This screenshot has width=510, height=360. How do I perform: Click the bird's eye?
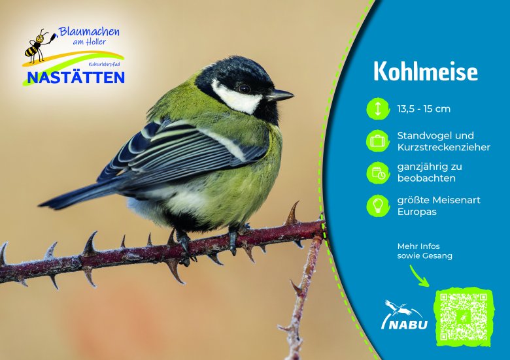click(x=245, y=88)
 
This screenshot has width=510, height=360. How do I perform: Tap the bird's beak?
click(x=280, y=95)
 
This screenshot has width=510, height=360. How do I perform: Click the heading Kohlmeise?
click(x=426, y=71)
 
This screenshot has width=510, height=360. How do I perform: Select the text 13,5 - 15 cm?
click(x=424, y=109)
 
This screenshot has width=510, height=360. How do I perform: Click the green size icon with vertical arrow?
click(x=378, y=109)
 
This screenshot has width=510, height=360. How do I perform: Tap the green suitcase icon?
click(x=378, y=141)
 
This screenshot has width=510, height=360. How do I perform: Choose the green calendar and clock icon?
click(x=378, y=173)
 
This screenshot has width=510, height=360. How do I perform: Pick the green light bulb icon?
click(x=378, y=206)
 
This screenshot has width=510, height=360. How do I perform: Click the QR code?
click(x=463, y=316)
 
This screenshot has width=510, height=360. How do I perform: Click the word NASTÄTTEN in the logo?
click(x=76, y=78)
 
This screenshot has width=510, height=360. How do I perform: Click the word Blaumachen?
click(x=89, y=32)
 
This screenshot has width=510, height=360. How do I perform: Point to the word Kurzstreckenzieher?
click(x=444, y=147)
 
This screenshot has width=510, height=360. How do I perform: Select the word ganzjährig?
click(x=422, y=167)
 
